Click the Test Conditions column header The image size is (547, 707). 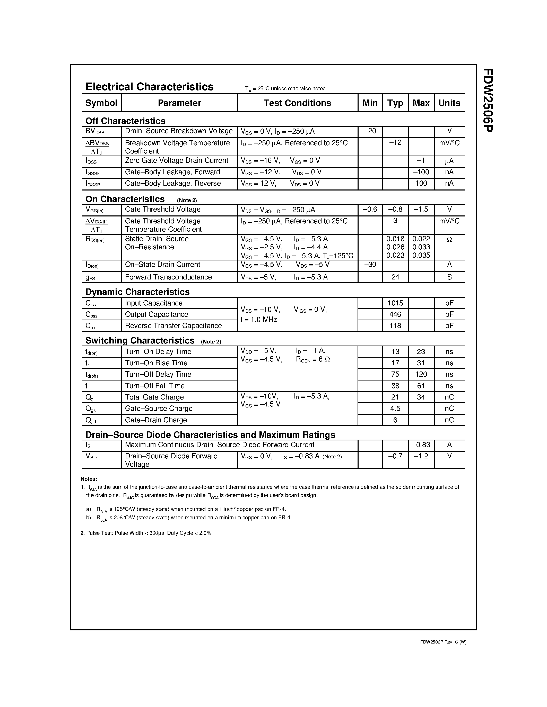(x=297, y=103)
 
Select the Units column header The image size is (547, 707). (x=449, y=103)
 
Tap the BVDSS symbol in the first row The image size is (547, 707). (x=95, y=131)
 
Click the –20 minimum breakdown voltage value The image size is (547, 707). (x=370, y=131)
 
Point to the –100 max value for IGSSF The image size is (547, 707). (x=421, y=172)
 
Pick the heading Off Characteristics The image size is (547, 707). (x=125, y=121)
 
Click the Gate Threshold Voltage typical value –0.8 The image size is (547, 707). (x=395, y=210)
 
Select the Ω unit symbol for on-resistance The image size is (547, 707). (x=449, y=239)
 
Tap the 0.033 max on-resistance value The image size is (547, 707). (x=421, y=247)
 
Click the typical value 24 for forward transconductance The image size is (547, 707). (x=395, y=277)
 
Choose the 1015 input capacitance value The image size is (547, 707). (x=395, y=303)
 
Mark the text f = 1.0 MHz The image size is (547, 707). (x=259, y=320)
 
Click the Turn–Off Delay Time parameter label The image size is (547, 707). (x=158, y=374)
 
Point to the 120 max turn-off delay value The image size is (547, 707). (x=421, y=374)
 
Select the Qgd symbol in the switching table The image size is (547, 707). (x=91, y=420)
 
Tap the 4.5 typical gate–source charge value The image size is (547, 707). (x=395, y=409)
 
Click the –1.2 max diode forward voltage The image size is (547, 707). (x=421, y=456)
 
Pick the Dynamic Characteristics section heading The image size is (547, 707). (x=137, y=292)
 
